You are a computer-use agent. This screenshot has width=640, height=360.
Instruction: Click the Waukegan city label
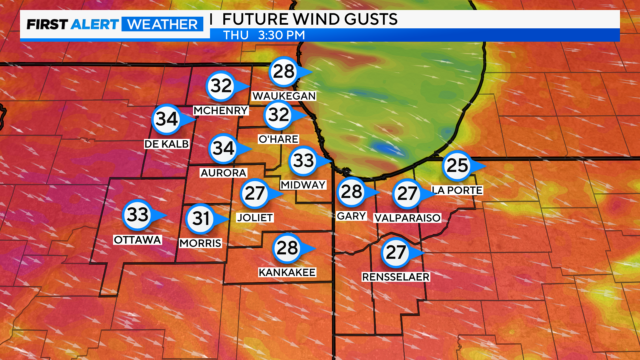point(284,96)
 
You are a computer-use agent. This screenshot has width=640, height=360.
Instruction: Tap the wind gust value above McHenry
point(221,86)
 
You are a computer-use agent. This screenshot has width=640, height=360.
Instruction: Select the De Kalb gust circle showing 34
point(167,119)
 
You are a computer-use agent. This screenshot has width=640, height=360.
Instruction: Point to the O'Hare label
point(278,139)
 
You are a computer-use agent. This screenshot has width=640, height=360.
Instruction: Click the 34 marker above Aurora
point(223,148)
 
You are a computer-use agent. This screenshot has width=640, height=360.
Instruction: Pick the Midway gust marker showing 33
point(303,161)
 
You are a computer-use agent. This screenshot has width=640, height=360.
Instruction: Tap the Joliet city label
point(255,218)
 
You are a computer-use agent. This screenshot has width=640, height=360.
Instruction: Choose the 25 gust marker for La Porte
point(457,165)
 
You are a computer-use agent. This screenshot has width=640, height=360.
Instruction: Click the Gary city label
point(352,216)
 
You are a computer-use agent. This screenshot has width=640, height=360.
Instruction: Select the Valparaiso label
point(407,218)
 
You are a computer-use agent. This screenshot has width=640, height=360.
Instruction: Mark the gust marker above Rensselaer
point(396,252)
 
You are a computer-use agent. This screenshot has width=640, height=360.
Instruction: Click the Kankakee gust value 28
point(287,248)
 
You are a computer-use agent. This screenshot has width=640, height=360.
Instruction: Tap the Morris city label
point(200,243)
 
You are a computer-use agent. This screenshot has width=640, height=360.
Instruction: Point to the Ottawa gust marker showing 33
point(137,215)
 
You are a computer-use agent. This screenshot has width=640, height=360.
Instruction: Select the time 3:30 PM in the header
point(282,35)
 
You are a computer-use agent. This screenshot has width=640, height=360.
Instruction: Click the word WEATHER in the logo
point(162,24)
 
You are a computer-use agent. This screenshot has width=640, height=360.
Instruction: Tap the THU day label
point(236,35)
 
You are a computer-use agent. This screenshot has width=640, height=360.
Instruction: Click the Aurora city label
point(223,173)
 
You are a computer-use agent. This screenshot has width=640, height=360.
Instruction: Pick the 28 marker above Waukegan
point(284,71)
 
